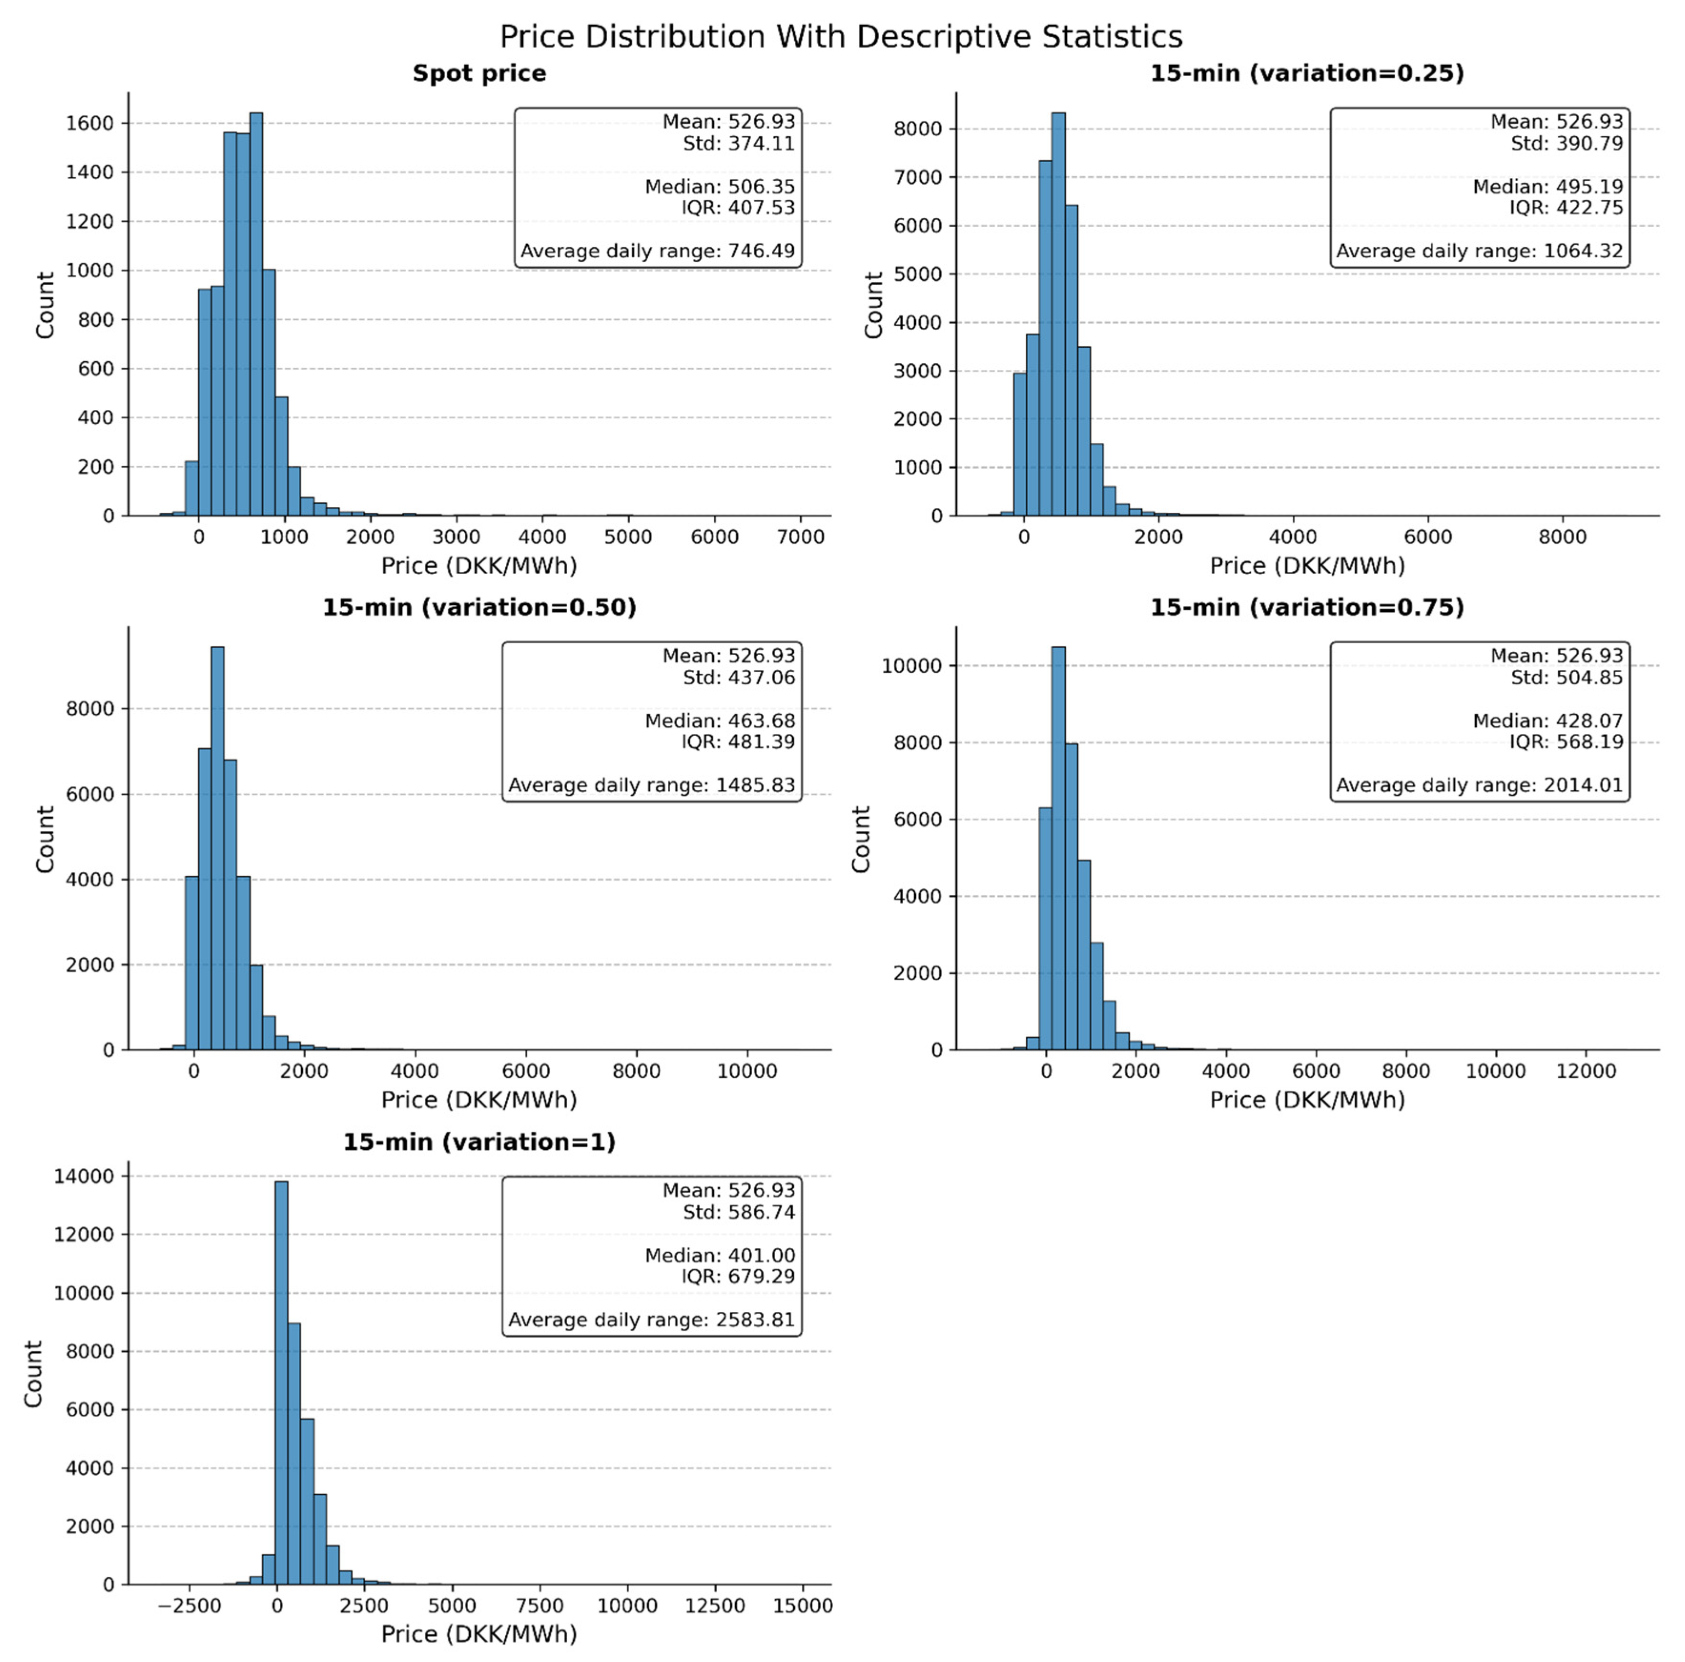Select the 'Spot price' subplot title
pos(479,73)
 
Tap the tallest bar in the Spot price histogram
pos(255,314)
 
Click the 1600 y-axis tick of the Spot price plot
pos(90,123)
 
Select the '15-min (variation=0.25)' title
pos(1307,73)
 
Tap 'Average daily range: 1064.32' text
pos(1479,251)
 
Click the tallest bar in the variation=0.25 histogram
pos(1058,314)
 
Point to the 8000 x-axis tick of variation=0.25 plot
pos(1562,537)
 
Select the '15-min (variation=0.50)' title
pos(479,608)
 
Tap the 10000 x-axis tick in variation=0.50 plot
pos(746,1072)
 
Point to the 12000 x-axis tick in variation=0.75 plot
pos(1585,1072)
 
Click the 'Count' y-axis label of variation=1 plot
pos(33,1373)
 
